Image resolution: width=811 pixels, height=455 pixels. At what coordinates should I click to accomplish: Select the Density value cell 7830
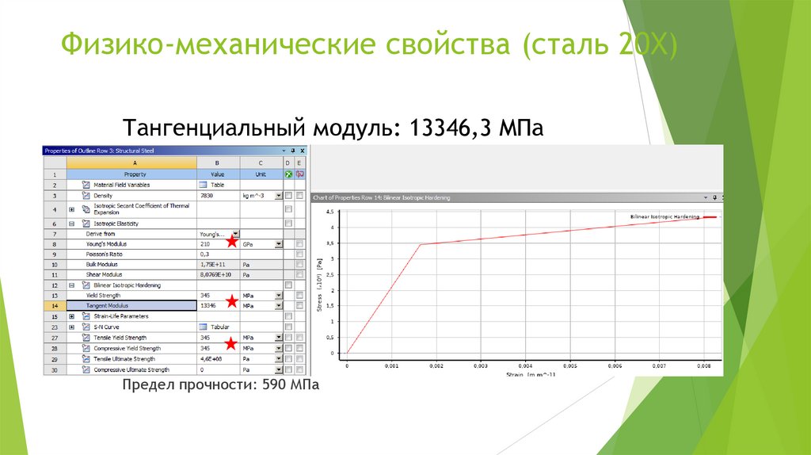[x=207, y=195]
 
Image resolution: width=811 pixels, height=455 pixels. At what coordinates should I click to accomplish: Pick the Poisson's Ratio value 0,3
[x=205, y=254]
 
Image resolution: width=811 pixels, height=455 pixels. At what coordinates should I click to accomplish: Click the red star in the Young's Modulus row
[x=232, y=242]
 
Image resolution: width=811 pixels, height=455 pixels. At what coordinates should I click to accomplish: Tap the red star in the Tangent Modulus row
[x=232, y=301]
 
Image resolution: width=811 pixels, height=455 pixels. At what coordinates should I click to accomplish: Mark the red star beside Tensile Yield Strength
[x=230, y=342]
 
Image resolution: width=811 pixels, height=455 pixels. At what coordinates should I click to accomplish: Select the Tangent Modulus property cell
[x=131, y=305]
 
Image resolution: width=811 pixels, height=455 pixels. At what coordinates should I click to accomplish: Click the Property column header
[x=131, y=174]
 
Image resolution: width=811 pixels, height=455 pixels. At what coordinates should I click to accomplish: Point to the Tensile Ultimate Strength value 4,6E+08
[x=211, y=358]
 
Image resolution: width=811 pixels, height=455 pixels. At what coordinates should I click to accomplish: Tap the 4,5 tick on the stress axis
[x=331, y=212]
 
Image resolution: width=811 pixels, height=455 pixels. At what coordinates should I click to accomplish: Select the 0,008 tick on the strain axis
[x=702, y=366]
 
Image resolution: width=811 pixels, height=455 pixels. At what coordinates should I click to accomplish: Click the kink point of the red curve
[x=420, y=244]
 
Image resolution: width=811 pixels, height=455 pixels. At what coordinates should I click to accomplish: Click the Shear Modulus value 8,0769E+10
[x=215, y=274]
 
